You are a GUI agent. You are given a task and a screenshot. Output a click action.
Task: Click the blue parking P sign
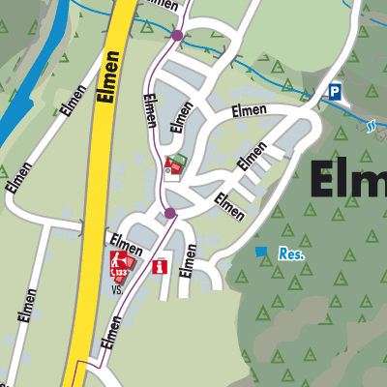coord(335,91)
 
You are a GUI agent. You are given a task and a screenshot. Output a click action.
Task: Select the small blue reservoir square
coord(259,252)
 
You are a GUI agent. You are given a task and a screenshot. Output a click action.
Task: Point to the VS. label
coord(117,288)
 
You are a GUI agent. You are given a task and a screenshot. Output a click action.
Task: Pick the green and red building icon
coord(174,165)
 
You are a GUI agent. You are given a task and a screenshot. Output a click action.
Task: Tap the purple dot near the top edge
coord(177,36)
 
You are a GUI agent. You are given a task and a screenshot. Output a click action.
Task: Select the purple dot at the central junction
coord(169,213)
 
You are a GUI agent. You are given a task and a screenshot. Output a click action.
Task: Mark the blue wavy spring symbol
coord(372,124)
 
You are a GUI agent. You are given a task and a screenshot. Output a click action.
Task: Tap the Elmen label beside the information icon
coord(189,260)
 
